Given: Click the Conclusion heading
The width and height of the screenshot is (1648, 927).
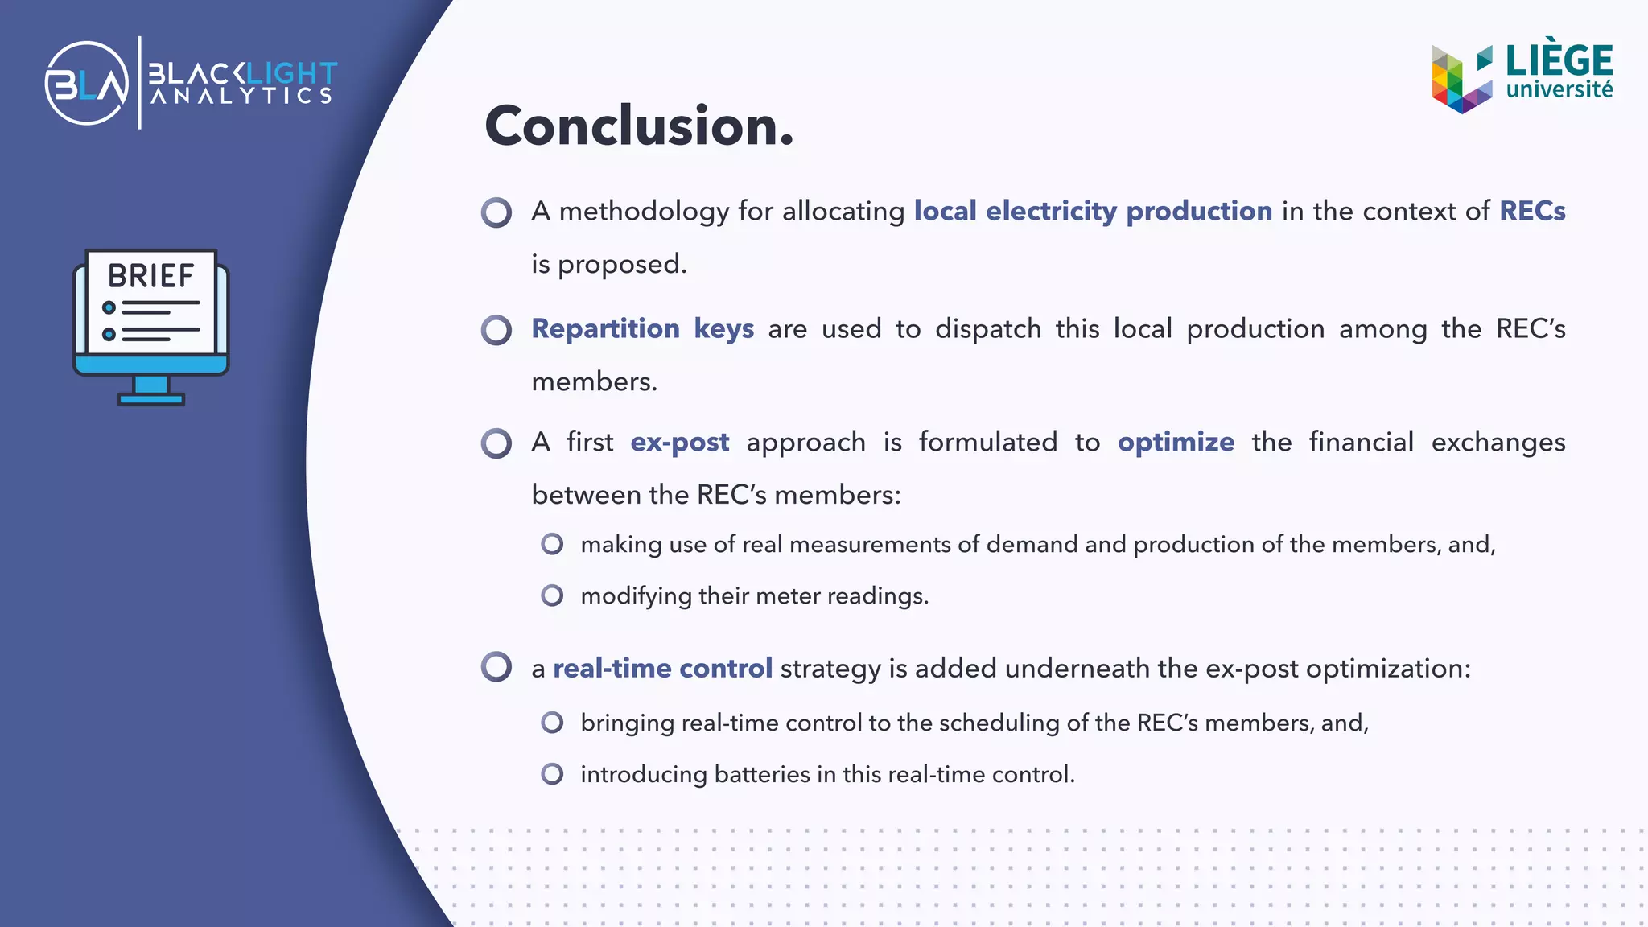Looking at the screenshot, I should coord(639,126).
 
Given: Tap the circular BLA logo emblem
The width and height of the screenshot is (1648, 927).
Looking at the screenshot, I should coord(87,83).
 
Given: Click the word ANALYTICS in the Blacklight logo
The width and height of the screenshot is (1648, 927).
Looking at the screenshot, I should coord(241,97).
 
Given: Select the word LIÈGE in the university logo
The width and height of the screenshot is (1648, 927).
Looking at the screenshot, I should coord(1559,61).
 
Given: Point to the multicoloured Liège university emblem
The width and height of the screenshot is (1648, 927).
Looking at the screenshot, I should coord(1461,79).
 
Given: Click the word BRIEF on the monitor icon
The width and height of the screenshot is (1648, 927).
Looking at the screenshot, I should coord(151,276).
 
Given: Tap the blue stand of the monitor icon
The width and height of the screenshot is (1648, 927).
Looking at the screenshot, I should coord(151,391).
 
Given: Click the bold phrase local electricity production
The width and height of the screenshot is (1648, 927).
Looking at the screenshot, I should coord(1093,211).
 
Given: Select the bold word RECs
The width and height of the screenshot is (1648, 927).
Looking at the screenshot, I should coord(1532,211).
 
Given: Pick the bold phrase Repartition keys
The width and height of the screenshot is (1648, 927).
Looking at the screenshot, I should coord(642,328).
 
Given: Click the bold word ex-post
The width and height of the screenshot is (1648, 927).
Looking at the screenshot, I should coord(679,442).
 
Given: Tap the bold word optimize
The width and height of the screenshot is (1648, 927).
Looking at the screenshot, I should coord(1176,442).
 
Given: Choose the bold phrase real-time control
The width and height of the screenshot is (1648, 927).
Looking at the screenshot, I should coord(662,668).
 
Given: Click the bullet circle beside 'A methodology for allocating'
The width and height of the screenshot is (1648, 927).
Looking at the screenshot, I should coord(496,212).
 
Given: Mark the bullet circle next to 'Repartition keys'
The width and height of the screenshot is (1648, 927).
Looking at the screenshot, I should coord(496,330).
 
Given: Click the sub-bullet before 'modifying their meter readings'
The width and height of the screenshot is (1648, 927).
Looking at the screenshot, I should coord(552,595).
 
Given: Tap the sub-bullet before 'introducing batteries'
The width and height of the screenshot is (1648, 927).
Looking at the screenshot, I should coord(552,774).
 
